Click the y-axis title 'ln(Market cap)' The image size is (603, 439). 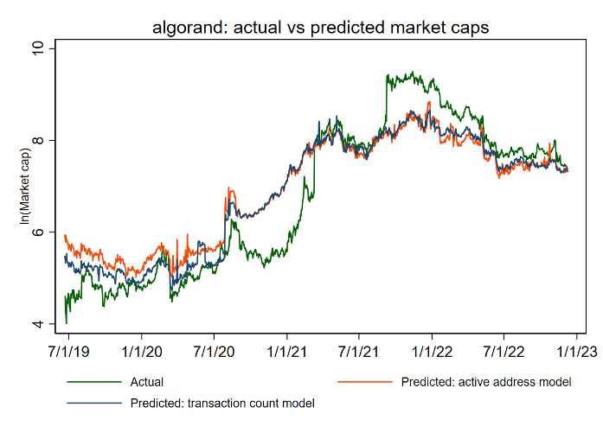point(26,187)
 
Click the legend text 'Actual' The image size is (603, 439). point(146,382)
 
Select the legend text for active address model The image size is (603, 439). point(486,382)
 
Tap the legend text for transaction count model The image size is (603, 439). point(222,403)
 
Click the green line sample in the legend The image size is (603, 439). point(93,381)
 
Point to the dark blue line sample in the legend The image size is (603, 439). point(93,402)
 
